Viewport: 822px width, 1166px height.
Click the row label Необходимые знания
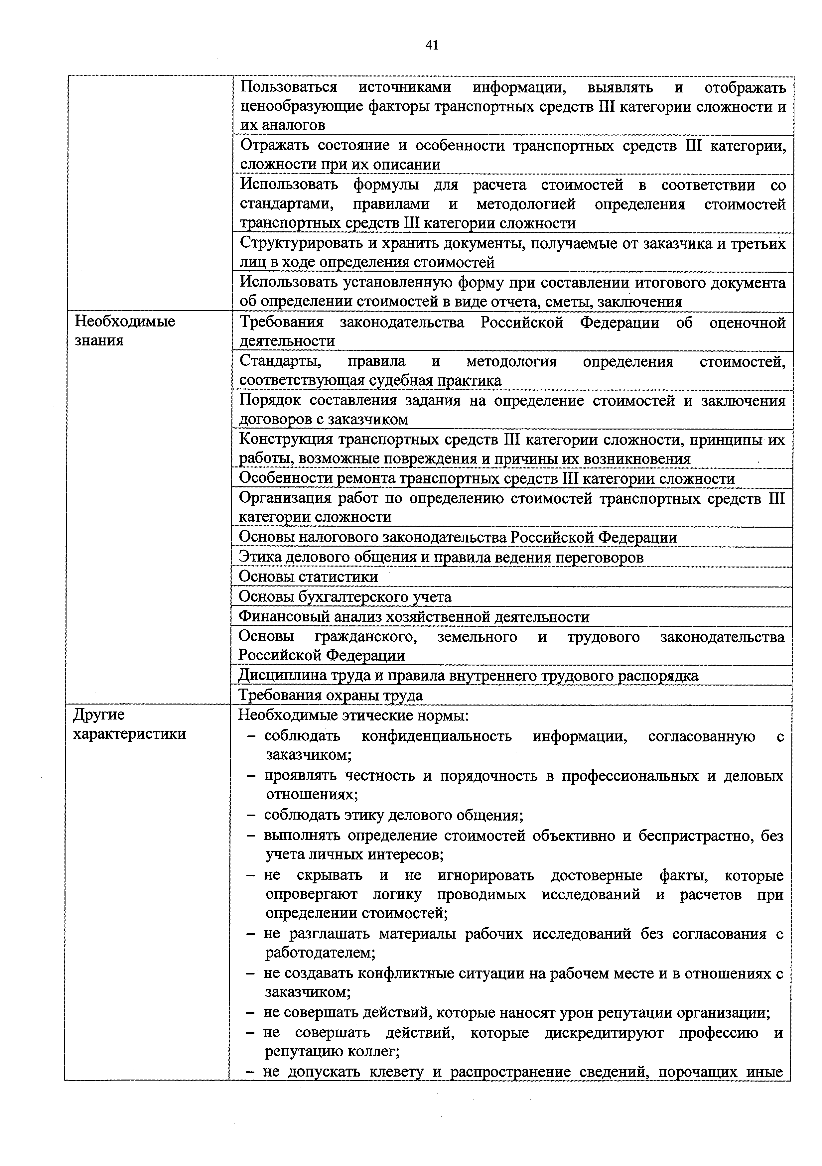click(x=124, y=330)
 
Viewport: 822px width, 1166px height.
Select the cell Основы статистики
click(x=308, y=577)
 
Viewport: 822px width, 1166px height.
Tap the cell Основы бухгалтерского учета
click(x=345, y=597)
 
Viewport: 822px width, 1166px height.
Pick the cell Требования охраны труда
click(x=331, y=695)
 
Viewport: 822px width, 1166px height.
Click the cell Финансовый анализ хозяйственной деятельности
click(x=414, y=617)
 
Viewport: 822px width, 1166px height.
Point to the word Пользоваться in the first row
click(x=289, y=87)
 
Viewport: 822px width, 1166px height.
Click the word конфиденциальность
click(x=436, y=736)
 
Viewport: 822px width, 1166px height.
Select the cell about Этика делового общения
click(x=441, y=557)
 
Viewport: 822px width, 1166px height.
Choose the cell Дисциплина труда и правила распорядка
click(x=468, y=675)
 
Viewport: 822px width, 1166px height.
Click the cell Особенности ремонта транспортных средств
click(x=486, y=478)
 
